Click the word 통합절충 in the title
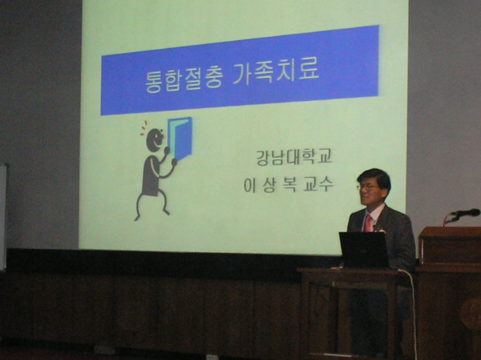click(x=183, y=80)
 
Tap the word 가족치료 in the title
click(x=276, y=73)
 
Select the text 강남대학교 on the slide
click(x=294, y=157)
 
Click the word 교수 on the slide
click(x=318, y=184)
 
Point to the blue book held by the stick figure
click(x=179, y=138)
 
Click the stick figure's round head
click(x=155, y=140)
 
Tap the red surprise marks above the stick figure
click(x=144, y=128)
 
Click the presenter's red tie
click(x=368, y=223)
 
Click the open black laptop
click(x=364, y=250)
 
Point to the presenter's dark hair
click(x=375, y=177)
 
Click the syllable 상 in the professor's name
click(x=270, y=185)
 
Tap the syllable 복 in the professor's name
click(x=289, y=185)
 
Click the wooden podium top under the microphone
click(x=450, y=232)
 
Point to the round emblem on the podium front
click(x=471, y=313)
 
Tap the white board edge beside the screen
click(x=3, y=217)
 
